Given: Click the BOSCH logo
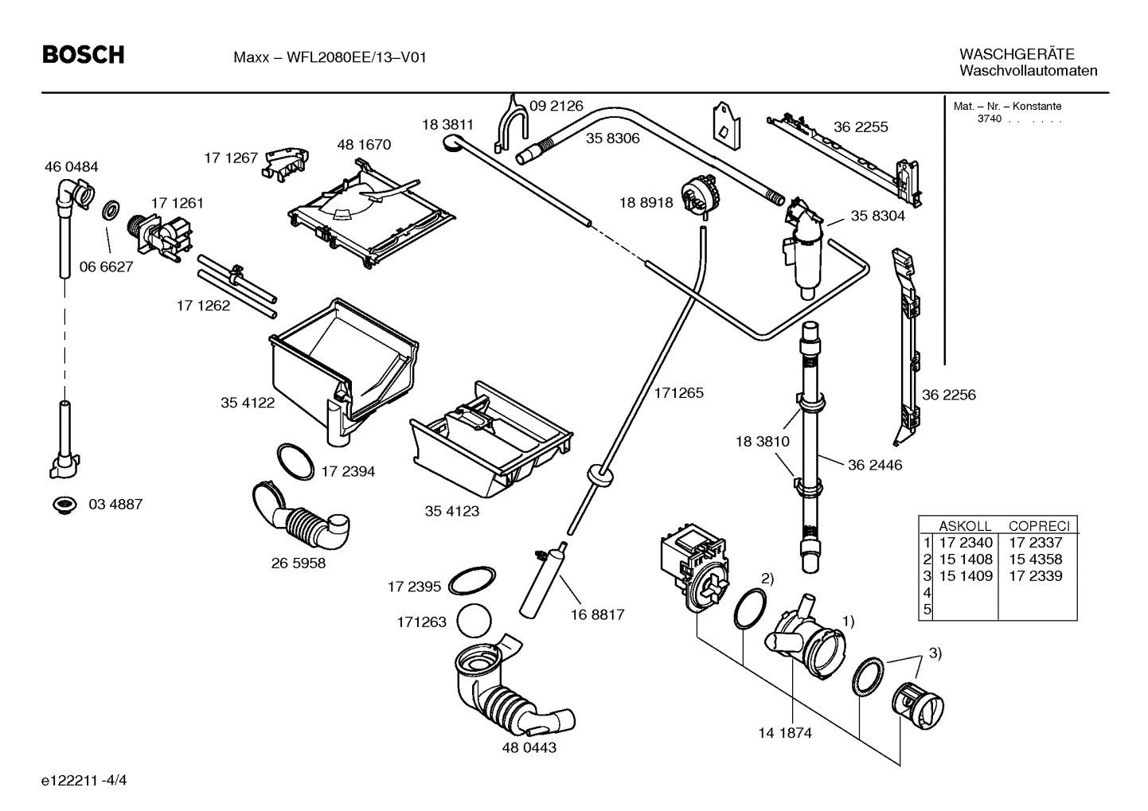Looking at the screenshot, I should pos(83,55).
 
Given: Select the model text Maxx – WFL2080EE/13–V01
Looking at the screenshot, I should pos(330,57).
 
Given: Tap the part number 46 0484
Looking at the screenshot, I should pos(72,167).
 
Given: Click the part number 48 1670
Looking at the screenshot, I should pos(364,145).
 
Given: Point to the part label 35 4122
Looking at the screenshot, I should pos(248,404).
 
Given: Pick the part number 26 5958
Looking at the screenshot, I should pos(299,563).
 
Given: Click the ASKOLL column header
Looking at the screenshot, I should pos(965,526).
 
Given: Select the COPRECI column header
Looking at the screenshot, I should pos(1038,526).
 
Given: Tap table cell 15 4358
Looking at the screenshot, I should pos(1035,560).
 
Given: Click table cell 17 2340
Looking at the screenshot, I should pos(966,543).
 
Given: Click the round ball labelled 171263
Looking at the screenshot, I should pos(476,621).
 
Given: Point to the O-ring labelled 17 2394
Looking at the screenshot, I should pos(295,462).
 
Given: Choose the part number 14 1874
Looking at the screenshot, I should pos(785,733).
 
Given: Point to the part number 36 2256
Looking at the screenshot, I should pos(948,395).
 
